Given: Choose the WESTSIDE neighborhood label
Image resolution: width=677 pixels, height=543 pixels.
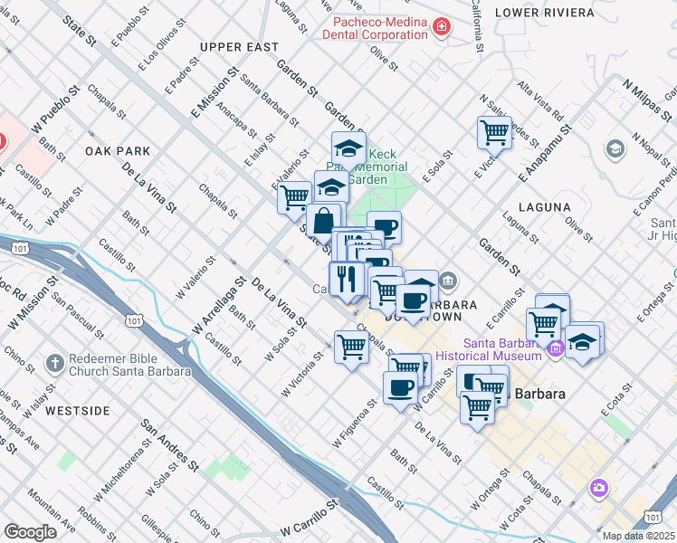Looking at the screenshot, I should (x=77, y=411).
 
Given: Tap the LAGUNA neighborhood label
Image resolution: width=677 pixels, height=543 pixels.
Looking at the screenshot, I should (x=545, y=206).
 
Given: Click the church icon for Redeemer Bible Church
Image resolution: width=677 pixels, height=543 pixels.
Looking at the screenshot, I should (x=55, y=363).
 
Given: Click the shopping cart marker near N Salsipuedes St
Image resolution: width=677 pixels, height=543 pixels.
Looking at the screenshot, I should (x=494, y=132).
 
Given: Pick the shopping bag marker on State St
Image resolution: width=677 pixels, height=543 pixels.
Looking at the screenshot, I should (x=324, y=220).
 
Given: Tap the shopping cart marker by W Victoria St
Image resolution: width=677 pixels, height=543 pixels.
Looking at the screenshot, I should (x=351, y=346).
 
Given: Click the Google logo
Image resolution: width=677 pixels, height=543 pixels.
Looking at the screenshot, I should (x=30, y=532).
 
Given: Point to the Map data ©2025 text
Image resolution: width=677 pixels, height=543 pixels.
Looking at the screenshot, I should (x=638, y=536).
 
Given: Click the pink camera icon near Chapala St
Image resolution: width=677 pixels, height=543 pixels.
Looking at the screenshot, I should (x=598, y=490).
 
